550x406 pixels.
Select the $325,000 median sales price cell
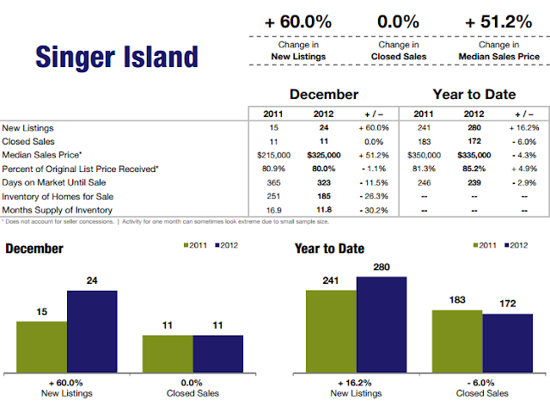tap(326, 155)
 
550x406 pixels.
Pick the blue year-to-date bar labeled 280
tap(382, 323)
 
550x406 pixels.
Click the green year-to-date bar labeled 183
tap(456, 340)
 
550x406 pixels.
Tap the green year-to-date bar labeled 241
tap(332, 330)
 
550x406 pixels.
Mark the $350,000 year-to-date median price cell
tap(419, 155)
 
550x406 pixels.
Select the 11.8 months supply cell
tap(326, 210)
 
